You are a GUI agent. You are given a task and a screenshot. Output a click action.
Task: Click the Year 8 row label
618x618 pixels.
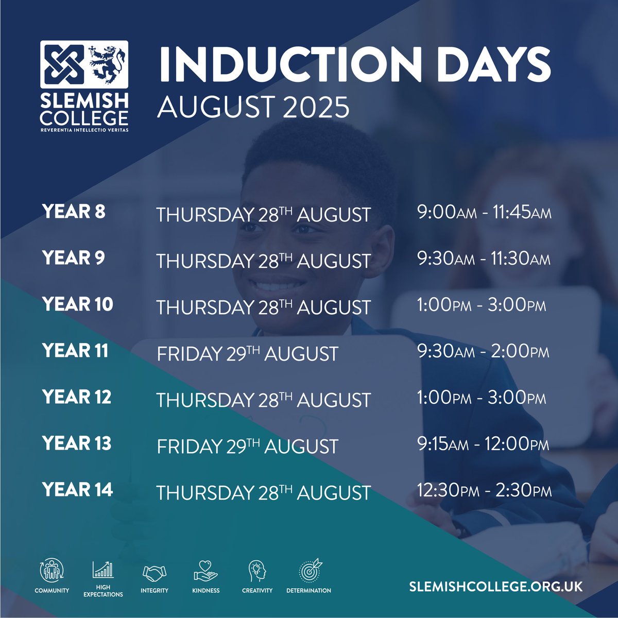click(74, 212)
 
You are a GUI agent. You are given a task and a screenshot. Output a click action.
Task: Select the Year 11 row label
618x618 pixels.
click(75, 351)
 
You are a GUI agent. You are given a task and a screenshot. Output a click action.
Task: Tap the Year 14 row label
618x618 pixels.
click(77, 489)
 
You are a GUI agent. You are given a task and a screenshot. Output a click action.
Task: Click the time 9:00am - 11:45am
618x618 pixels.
click(484, 212)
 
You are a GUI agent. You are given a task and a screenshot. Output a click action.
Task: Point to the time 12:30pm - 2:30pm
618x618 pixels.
click(484, 490)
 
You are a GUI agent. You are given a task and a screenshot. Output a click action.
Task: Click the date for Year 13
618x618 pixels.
click(247, 447)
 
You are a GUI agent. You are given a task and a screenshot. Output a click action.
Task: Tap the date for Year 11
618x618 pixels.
click(247, 354)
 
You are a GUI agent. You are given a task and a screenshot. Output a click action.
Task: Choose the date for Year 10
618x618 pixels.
click(263, 307)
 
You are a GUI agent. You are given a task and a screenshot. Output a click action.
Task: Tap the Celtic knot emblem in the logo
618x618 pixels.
click(63, 64)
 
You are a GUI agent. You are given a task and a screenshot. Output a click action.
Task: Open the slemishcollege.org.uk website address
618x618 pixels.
click(495, 587)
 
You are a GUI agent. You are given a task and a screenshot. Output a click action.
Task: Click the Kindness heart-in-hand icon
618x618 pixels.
click(206, 571)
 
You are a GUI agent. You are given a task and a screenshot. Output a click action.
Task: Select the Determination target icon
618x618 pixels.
click(309, 570)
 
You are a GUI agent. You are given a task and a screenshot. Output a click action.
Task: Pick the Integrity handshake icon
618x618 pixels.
click(154, 572)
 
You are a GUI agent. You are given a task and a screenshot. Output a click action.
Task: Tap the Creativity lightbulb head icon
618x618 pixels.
click(257, 571)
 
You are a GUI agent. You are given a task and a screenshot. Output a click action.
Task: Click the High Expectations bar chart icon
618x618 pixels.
click(103, 569)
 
